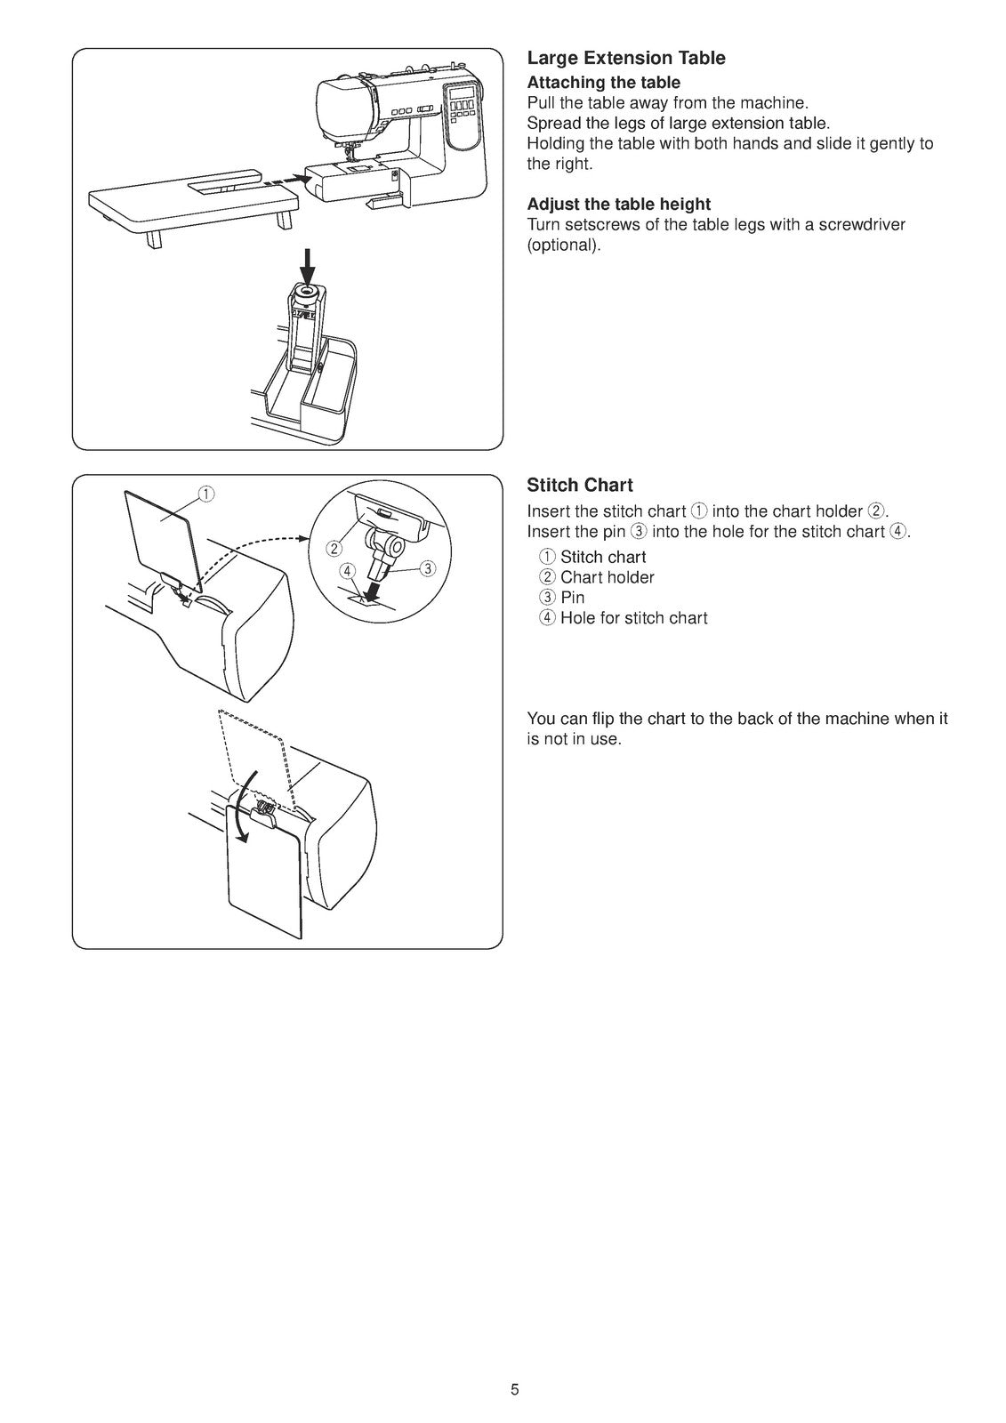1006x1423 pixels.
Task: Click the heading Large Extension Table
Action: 625,59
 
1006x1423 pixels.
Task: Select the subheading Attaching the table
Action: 603,83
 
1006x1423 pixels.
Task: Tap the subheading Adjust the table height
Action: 618,205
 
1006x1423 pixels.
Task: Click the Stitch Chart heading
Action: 579,486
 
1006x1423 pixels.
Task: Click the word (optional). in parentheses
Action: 564,245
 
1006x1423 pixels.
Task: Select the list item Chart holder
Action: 607,578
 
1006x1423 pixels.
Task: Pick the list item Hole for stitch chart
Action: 633,619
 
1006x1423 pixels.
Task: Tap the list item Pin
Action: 572,599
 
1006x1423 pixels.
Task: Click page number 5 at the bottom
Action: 514,1390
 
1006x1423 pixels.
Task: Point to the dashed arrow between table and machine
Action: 288,181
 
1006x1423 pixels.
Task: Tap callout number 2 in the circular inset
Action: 333,547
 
